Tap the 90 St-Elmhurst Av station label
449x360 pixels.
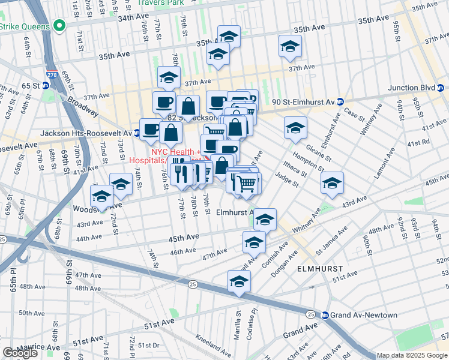coord(303,102)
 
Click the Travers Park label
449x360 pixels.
coord(160,2)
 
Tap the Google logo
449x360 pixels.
coord(20,353)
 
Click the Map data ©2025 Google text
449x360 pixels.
coord(412,355)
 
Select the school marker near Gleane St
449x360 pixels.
coord(295,128)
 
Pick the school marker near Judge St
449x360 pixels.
coord(331,184)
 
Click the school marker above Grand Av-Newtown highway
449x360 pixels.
coord(239,281)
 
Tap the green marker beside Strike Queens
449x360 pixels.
coord(59,26)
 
